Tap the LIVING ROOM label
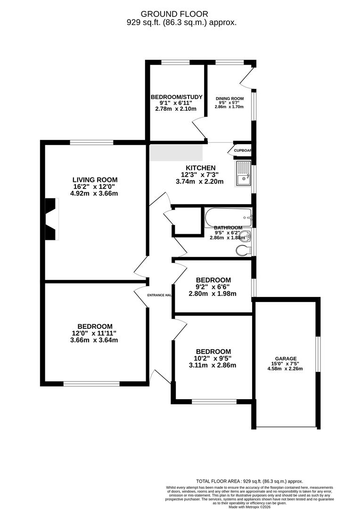click(x=95, y=180)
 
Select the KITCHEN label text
click(x=201, y=168)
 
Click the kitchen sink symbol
click(x=243, y=173)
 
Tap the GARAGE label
click(x=286, y=358)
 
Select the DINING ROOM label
click(x=229, y=99)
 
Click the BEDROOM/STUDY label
click(x=176, y=97)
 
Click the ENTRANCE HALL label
click(x=159, y=295)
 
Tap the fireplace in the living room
click(x=51, y=219)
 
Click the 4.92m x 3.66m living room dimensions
click(x=95, y=193)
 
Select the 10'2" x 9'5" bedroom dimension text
click(x=213, y=358)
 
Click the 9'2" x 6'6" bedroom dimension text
click(x=213, y=287)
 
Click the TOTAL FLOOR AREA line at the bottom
click(x=250, y=481)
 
